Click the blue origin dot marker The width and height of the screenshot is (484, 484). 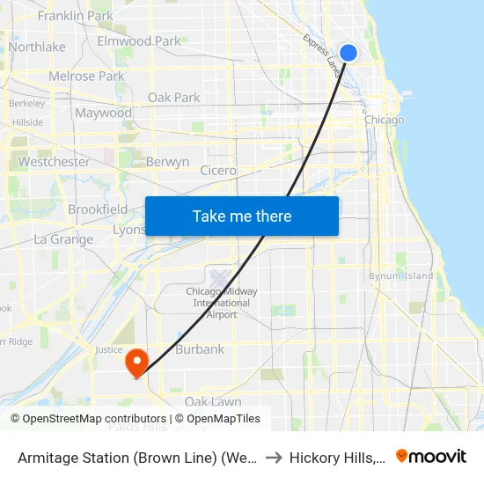(348, 53)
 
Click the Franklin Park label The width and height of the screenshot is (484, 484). (76, 16)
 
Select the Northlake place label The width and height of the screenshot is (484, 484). (37, 47)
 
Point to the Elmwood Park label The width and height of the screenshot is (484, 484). (138, 41)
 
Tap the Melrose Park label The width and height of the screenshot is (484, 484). (86, 77)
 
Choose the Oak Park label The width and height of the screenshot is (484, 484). (174, 98)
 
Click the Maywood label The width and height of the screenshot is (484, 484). (103, 113)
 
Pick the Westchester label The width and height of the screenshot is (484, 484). (54, 162)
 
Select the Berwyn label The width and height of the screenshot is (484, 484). (167, 162)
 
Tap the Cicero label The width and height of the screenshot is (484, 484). (218, 171)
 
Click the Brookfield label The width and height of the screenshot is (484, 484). (98, 209)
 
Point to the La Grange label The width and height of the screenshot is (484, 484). (63, 239)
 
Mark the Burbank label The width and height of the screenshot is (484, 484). (200, 349)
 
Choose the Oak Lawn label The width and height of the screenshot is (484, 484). (213, 402)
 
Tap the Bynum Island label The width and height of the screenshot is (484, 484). (401, 275)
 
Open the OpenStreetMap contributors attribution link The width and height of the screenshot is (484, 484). (94, 419)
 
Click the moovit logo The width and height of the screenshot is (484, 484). (431, 456)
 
